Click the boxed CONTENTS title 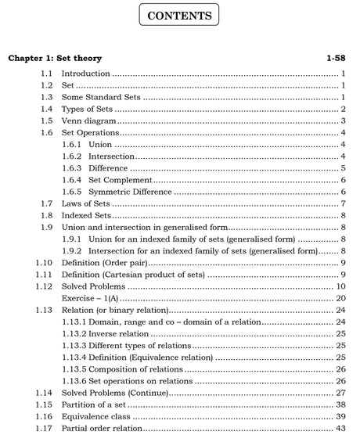[179, 16]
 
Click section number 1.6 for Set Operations [46, 133]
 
